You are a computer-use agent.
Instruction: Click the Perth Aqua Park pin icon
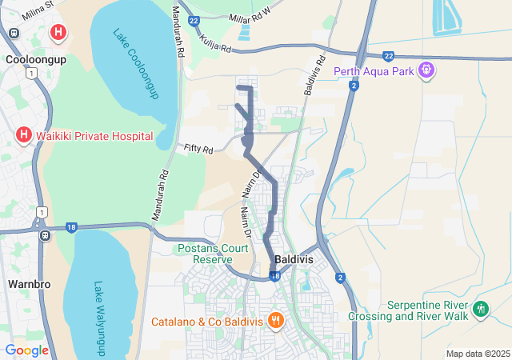click(x=428, y=70)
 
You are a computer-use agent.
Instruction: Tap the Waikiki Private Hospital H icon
click(x=24, y=135)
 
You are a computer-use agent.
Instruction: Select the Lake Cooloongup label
click(x=137, y=65)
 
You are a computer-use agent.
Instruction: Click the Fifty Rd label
click(x=198, y=149)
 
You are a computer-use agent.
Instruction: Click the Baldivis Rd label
click(x=314, y=76)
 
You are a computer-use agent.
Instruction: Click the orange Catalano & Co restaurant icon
click(x=275, y=321)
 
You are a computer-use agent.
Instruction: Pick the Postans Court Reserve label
click(x=212, y=254)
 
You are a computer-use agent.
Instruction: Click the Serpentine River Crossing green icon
click(x=481, y=309)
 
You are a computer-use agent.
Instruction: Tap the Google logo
click(x=26, y=350)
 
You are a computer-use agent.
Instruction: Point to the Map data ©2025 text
click(x=478, y=354)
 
